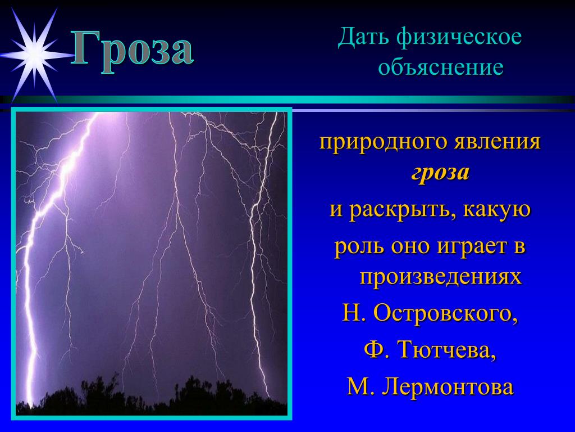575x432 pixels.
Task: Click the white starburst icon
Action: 35,55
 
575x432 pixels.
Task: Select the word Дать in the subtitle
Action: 363,38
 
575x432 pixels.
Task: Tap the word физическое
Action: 459,38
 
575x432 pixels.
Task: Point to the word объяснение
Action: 440,68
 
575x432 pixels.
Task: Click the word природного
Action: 382,142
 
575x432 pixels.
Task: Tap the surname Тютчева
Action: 447,349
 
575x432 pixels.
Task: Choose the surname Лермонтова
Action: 448,387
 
